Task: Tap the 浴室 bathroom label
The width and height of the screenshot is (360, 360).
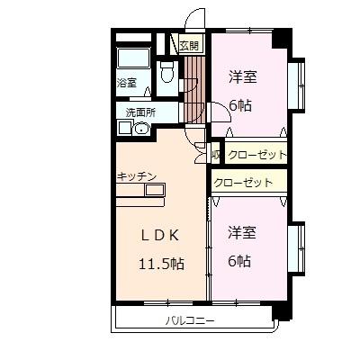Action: pos(126,83)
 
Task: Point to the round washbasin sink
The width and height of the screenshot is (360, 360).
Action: pos(140,129)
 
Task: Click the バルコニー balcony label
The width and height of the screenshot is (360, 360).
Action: pos(190,320)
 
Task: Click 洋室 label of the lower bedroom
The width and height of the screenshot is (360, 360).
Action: pos(242,232)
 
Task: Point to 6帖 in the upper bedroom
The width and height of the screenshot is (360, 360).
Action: pos(239,104)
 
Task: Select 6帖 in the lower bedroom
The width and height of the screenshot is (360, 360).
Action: pos(239,261)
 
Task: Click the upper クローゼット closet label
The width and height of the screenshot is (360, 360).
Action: pos(256,155)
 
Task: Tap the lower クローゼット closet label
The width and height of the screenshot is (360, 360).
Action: pos(244,182)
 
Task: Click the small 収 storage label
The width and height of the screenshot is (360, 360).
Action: pos(215,155)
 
